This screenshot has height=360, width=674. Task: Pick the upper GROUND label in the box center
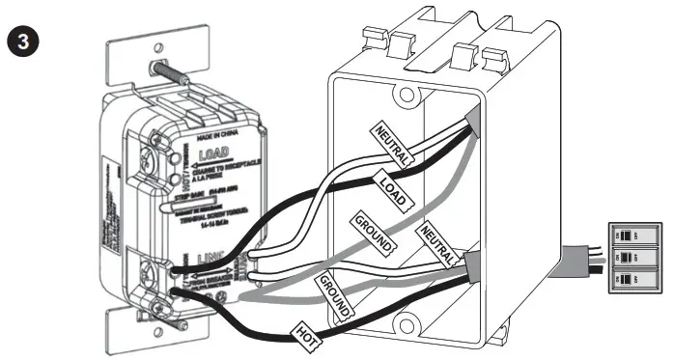373,232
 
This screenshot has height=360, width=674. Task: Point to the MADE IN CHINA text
221,132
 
